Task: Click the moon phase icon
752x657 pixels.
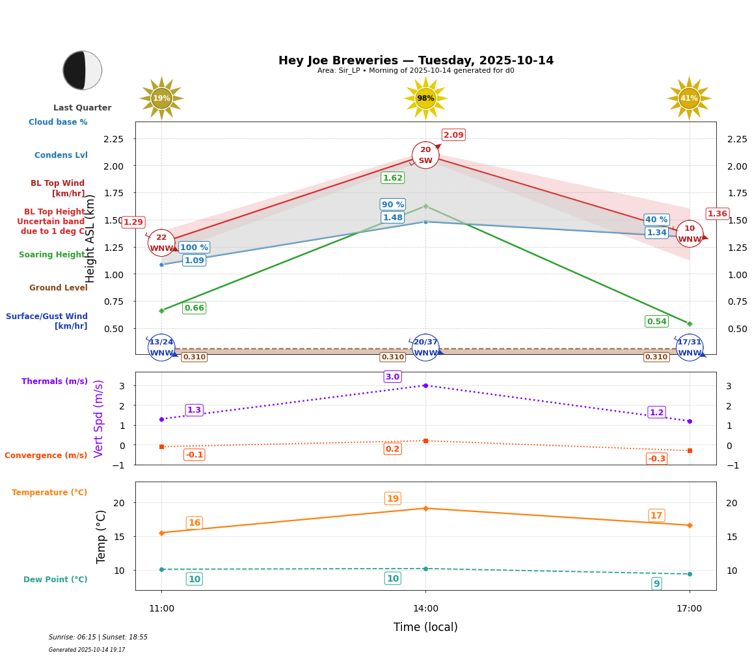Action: tap(83, 70)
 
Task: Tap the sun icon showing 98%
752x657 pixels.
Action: tap(425, 98)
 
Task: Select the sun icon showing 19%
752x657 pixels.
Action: tap(161, 98)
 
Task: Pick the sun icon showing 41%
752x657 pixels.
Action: tap(689, 98)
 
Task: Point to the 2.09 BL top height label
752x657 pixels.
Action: tap(453, 135)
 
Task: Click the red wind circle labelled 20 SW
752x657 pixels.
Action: tap(425, 155)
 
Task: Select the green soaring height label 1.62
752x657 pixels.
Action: tap(393, 178)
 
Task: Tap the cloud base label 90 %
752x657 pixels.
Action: tap(393, 205)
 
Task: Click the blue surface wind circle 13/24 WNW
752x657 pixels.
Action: tap(161, 348)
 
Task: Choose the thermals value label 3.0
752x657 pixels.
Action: tap(392, 377)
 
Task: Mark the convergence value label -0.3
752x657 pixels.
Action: tap(657, 459)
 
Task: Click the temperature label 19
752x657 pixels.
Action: tap(393, 499)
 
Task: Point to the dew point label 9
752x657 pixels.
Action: tap(656, 584)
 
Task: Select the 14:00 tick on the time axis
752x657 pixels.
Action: tap(425, 609)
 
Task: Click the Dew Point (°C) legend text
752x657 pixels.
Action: tap(55, 580)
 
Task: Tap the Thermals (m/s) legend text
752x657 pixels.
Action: tap(55, 381)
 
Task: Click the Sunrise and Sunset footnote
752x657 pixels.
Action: tap(98, 638)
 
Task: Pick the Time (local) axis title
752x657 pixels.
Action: tap(425, 627)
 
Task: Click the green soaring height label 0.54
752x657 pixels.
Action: tap(656, 322)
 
